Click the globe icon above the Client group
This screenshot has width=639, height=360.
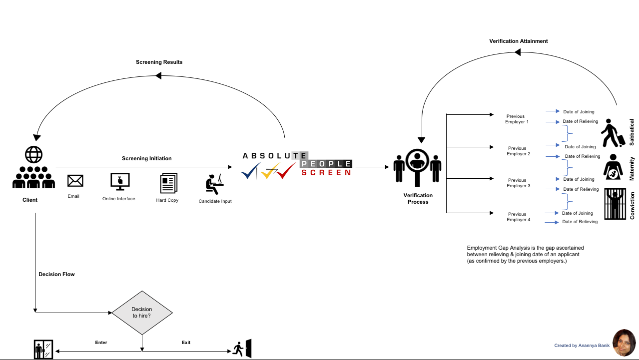tap(33, 154)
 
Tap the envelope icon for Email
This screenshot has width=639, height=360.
tap(75, 181)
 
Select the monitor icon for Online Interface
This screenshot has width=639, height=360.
tap(120, 182)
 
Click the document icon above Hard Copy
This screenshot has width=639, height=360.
tap(168, 183)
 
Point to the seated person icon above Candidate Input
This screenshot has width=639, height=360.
tap(214, 184)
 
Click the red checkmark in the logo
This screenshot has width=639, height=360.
tap(286, 170)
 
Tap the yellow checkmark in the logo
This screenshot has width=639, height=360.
tap(270, 171)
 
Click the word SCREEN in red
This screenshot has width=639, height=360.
tap(326, 172)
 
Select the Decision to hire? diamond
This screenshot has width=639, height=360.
tap(142, 313)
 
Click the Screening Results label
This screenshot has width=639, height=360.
tap(159, 62)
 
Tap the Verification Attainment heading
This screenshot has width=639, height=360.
tap(518, 41)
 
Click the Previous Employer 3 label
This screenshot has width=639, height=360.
tap(518, 183)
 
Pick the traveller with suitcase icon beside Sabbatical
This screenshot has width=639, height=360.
tap(613, 133)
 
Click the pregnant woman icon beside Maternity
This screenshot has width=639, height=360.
tap(613, 167)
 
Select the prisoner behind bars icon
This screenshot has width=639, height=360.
tap(615, 204)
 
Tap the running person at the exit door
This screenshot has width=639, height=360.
tap(238, 350)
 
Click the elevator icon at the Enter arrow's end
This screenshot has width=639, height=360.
tap(43, 350)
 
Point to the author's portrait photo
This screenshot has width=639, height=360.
tap(624, 343)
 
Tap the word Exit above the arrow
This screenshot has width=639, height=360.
tap(186, 343)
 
